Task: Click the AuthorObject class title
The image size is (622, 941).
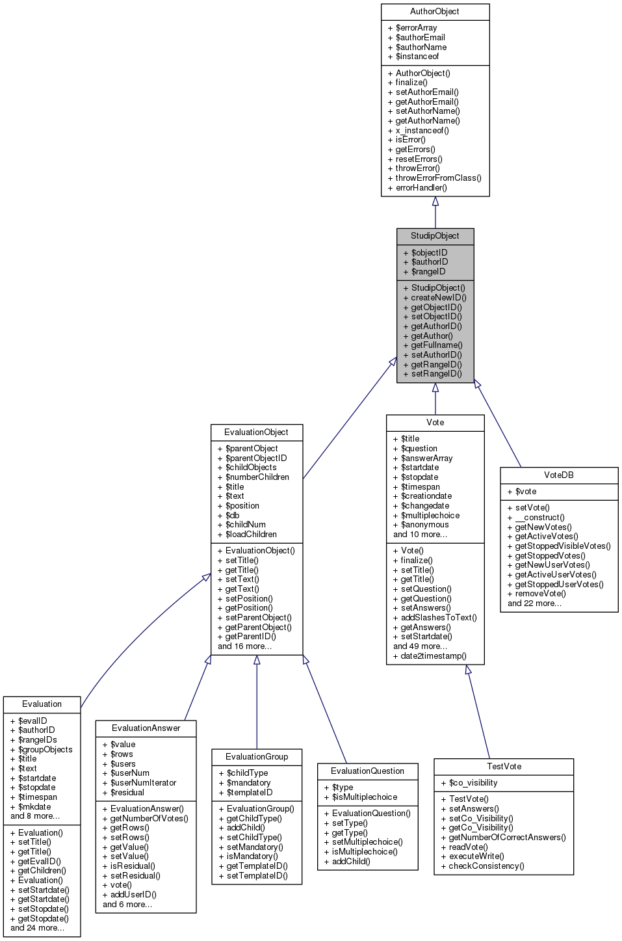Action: pos(434,12)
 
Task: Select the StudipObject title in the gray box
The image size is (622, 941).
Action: pos(435,236)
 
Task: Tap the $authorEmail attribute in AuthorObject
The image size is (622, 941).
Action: pos(420,38)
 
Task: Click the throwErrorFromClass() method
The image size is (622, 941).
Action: pos(438,178)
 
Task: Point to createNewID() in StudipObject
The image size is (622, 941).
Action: pos(438,298)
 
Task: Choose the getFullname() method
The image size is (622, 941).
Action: pos(436,345)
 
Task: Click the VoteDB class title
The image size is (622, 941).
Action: pos(558,475)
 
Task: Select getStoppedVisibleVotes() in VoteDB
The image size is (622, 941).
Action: pos(562,546)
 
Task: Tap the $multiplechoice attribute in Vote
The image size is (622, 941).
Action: pos(430,516)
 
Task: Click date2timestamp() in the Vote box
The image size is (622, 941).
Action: pos(433,656)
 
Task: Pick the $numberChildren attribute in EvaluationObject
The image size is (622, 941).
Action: pos(257,477)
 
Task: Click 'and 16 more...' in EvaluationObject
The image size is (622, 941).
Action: pos(244,646)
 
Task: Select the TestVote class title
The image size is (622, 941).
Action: pos(504,767)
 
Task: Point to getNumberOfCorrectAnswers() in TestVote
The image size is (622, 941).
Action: pos(507,838)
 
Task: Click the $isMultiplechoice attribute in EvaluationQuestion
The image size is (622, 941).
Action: pos(364,797)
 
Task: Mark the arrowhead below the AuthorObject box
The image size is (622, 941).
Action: pos(435,202)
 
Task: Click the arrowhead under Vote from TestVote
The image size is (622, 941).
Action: pos(468,670)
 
